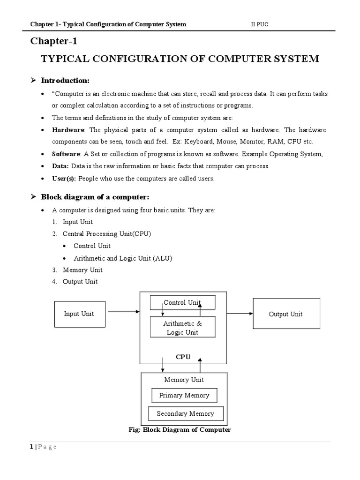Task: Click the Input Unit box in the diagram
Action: coord(79,314)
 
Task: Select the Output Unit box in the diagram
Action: coord(285,314)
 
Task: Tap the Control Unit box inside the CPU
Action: coord(182,303)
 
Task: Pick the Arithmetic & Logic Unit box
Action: coord(182,328)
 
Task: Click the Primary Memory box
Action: coord(184,395)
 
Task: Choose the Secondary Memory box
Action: coord(185,413)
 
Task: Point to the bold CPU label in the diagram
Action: coord(183,357)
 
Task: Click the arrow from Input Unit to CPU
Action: coord(123,311)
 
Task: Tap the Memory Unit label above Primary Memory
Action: coord(184,380)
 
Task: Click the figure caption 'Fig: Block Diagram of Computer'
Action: coord(180,430)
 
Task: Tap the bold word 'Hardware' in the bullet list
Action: coord(68,130)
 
